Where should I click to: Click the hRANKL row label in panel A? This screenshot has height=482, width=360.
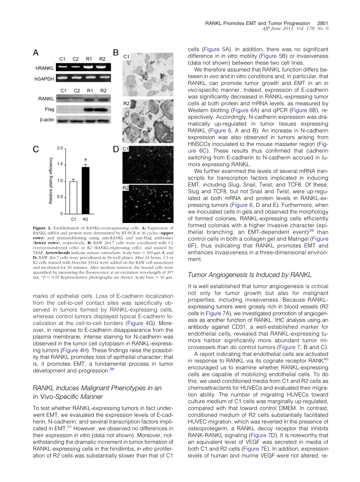coord(43,68)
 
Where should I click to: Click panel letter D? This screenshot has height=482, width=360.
coord(116,150)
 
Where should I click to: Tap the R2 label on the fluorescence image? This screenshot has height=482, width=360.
coord(126,188)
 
